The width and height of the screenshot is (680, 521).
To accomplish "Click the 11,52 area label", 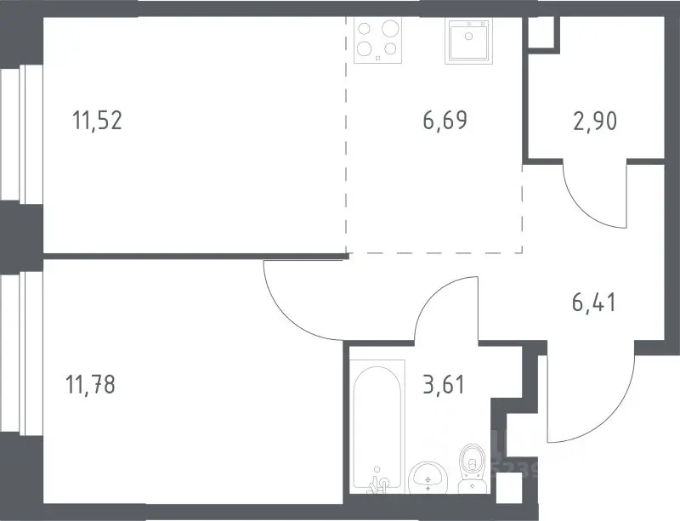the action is click(x=98, y=120).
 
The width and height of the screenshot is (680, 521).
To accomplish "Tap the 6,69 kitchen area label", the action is click(x=445, y=120).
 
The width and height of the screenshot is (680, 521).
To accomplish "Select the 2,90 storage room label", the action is click(x=595, y=121).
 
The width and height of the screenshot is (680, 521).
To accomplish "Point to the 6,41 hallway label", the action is click(x=594, y=303).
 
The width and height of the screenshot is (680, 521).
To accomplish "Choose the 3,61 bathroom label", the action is click(x=444, y=384).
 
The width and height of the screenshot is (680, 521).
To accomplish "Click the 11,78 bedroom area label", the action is click(x=90, y=384).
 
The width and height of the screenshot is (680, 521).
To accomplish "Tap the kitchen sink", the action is click(x=469, y=40).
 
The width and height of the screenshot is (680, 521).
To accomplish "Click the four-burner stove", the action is click(x=377, y=40).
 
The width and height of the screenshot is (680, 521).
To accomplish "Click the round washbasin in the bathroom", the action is click(x=428, y=478).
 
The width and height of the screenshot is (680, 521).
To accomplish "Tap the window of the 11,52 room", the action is click(x=22, y=133).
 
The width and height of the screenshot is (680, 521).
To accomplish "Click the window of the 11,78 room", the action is click(x=22, y=352).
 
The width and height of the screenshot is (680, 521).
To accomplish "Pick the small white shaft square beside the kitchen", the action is click(x=541, y=32).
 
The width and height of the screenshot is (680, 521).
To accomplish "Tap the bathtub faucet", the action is click(x=378, y=483).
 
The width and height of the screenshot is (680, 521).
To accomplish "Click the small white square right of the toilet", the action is click(x=508, y=488).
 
